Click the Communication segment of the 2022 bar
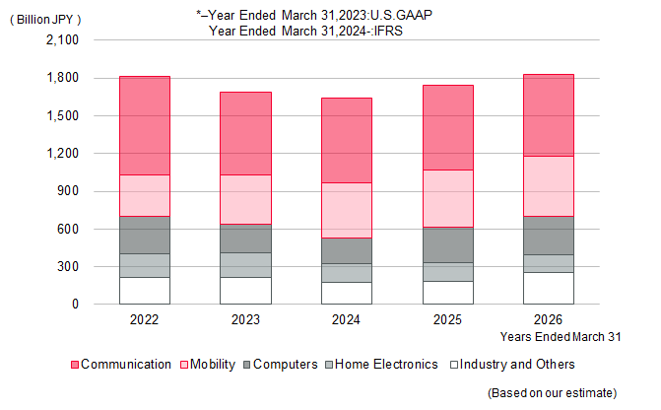coord(145,126)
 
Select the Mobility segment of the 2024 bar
coord(347,211)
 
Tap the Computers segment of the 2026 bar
coord(549,236)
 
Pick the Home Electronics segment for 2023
coord(245,265)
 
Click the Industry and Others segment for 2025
coord(448,293)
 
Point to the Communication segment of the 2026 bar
coord(549,115)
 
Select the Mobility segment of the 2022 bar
coord(145,196)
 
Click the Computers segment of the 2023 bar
coord(245,239)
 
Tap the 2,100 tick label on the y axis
coord(62,40)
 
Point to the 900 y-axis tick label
coord(68,191)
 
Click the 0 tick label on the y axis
coord(75,304)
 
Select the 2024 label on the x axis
coord(346,319)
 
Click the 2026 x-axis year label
coord(548,319)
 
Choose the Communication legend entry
coord(121,365)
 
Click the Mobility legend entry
coord(208,365)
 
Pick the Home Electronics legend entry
coord(382,365)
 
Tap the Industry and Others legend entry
coord(512,365)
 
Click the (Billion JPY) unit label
coord(45,20)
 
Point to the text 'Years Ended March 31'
coord(561,337)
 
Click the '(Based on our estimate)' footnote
coord(553,393)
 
